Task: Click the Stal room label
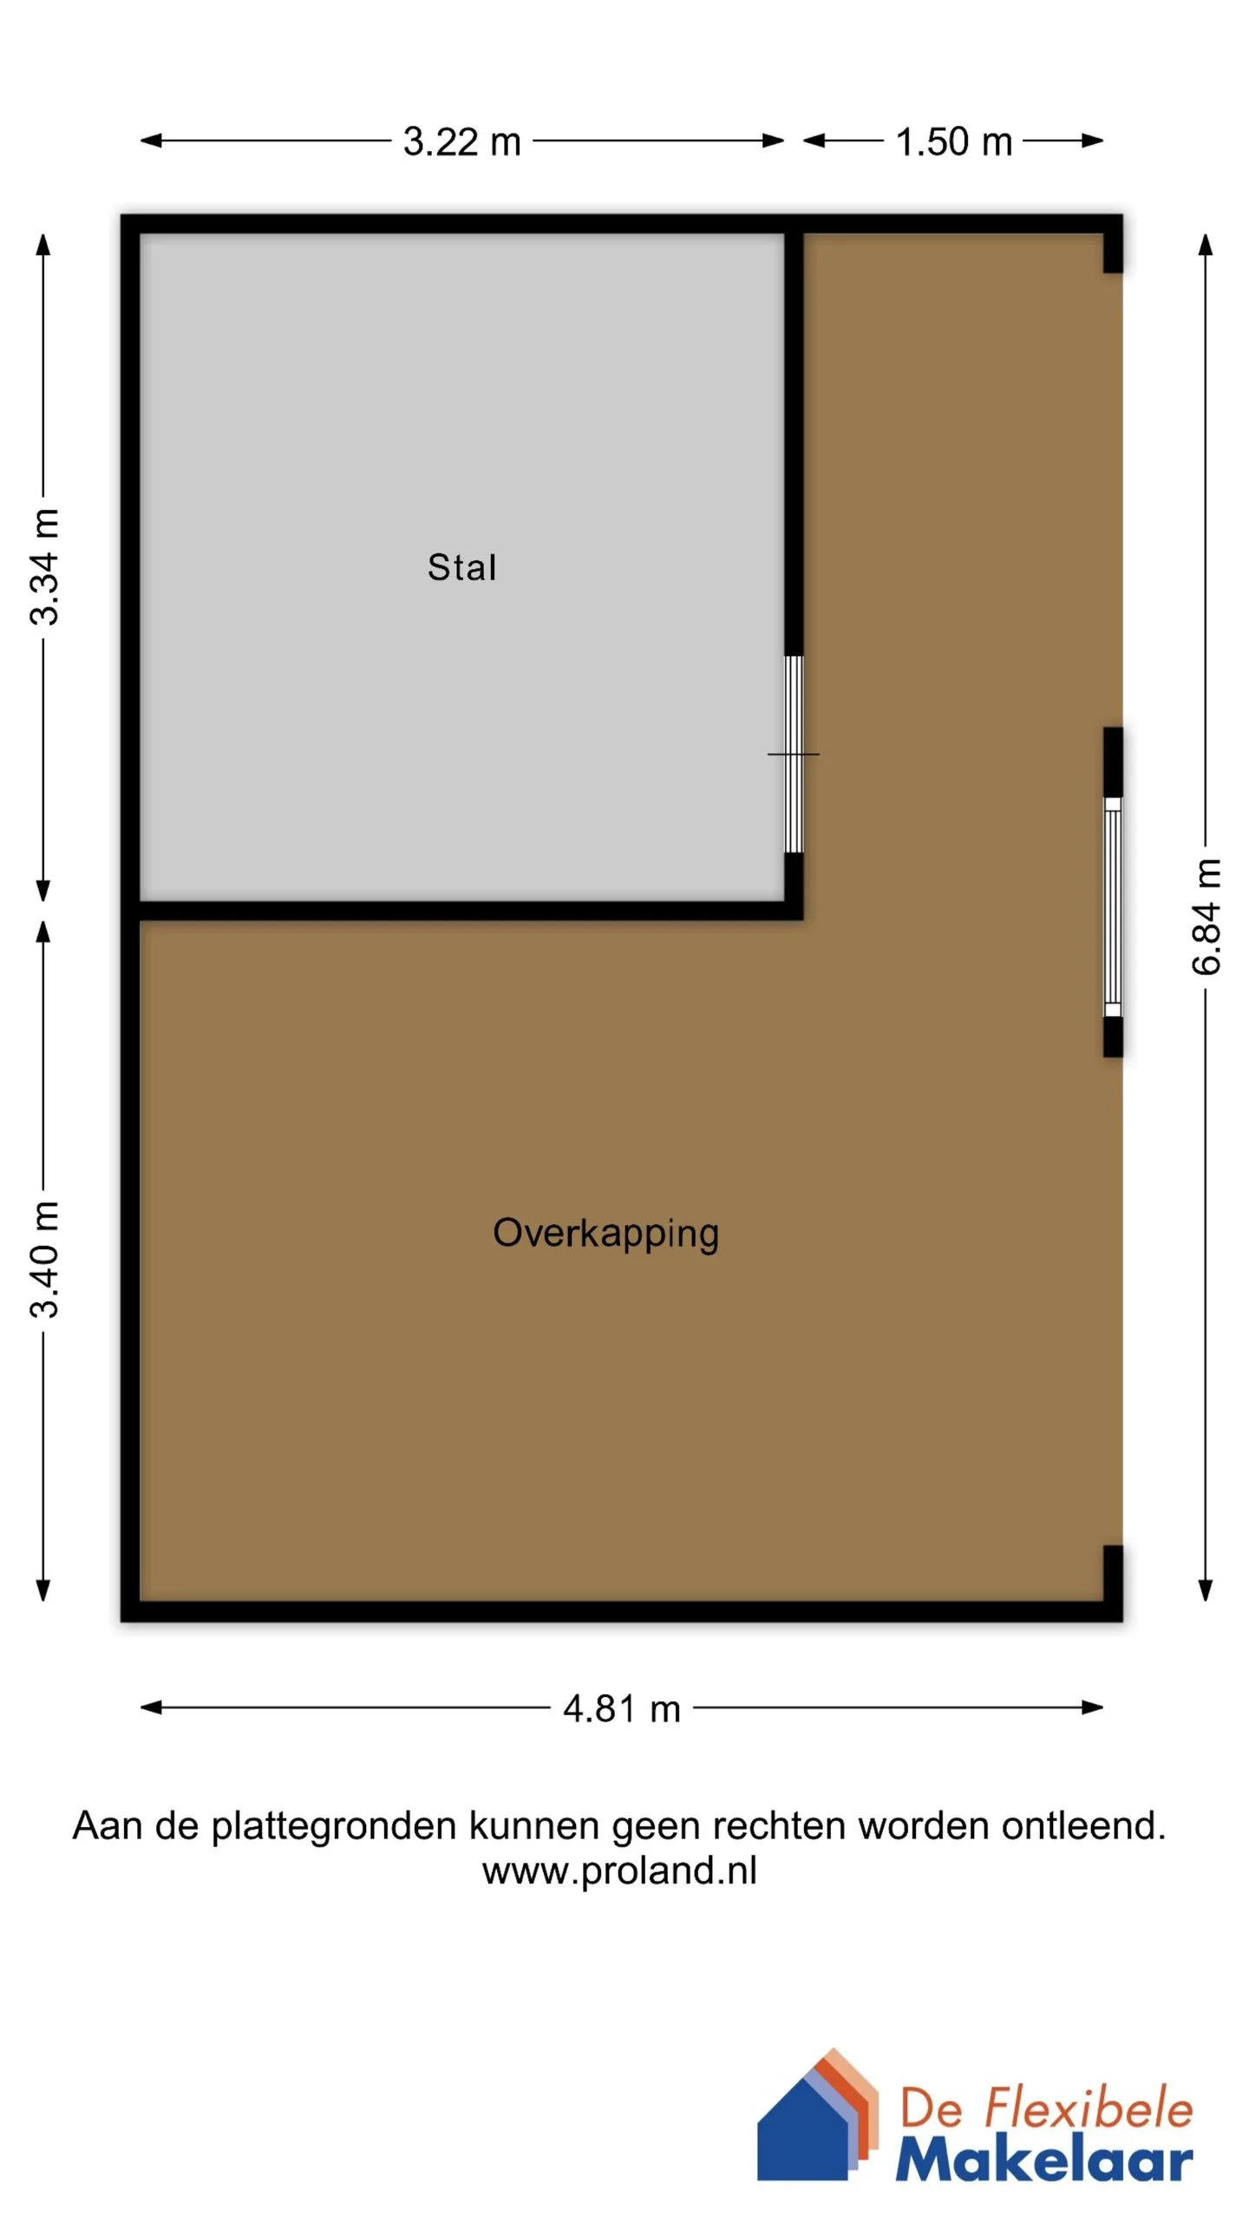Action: point(461,567)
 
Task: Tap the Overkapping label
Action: point(605,1233)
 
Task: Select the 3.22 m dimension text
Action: point(461,141)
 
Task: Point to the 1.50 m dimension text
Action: point(953,141)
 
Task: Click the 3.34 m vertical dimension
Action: point(43,567)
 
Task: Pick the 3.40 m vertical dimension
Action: point(43,1260)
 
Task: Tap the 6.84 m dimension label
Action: point(1206,916)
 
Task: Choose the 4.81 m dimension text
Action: point(621,1708)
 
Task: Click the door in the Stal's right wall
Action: point(794,754)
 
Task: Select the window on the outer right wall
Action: point(1113,907)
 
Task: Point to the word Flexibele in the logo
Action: point(1089,2107)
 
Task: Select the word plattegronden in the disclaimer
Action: point(334,1825)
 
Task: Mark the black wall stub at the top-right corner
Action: point(1113,244)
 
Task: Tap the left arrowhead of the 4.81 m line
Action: point(151,1707)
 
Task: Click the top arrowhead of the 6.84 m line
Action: point(1205,244)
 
